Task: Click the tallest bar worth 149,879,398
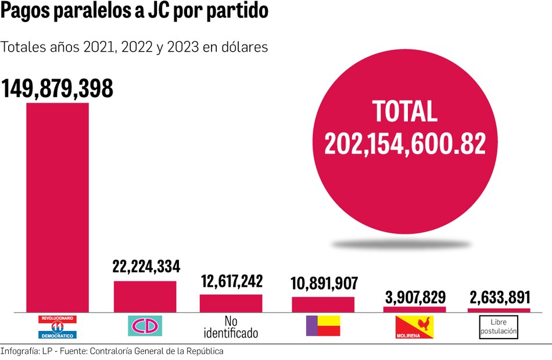point(56,207)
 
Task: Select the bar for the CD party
point(145,297)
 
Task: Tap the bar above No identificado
point(231,303)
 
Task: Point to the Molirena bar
point(415,309)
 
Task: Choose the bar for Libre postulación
point(499,311)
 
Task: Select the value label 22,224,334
point(146,267)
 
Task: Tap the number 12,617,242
point(231,282)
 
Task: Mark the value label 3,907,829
point(415,297)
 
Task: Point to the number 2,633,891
point(499,297)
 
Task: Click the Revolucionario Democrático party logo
point(57,327)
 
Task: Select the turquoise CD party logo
point(145,326)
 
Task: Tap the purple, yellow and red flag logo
point(322,326)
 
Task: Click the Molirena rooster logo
point(414,327)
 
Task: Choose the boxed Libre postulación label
point(499,327)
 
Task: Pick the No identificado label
point(231,327)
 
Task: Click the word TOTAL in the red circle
point(404,111)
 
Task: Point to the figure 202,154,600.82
point(404,143)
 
